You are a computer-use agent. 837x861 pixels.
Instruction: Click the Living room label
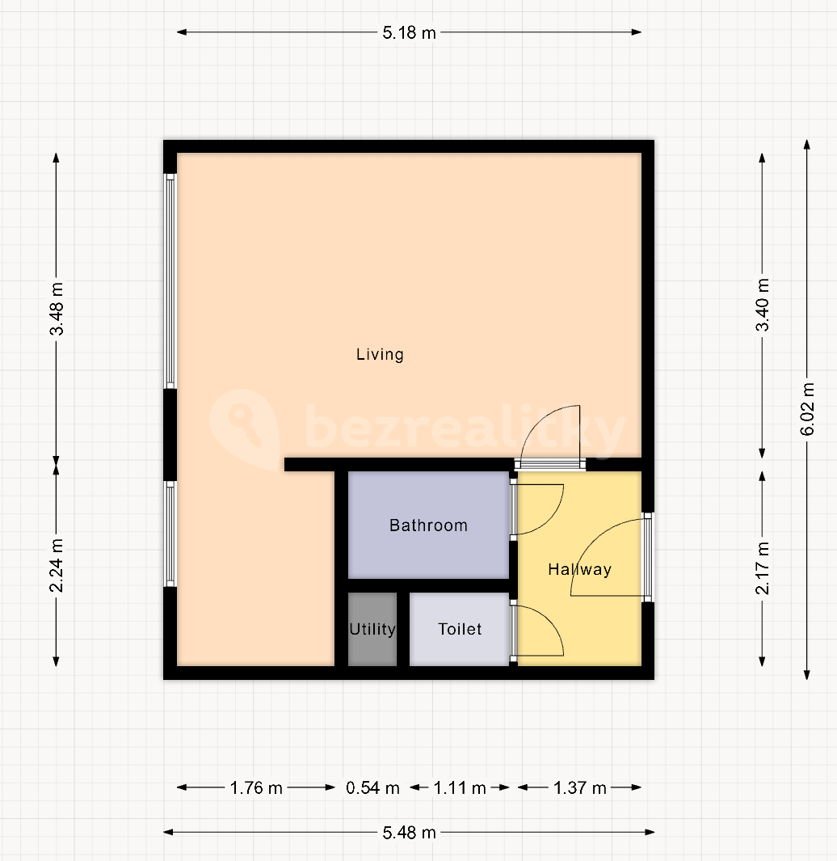[x=380, y=355]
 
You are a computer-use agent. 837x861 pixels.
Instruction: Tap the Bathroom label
[x=429, y=525]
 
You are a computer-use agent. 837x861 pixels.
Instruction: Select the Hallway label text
[x=579, y=569]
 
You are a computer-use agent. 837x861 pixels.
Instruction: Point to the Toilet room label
[x=460, y=629]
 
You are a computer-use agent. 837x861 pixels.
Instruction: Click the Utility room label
[x=372, y=629]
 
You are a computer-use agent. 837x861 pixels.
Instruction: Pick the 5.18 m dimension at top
[x=409, y=33]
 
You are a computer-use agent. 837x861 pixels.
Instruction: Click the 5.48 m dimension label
[x=409, y=833]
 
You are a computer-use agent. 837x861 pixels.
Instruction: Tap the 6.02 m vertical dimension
[x=807, y=409]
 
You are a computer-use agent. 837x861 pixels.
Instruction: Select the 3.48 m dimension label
[x=57, y=309]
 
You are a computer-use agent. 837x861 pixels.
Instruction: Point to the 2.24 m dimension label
[x=57, y=566]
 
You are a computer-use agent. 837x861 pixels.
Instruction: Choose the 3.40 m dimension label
[x=763, y=305]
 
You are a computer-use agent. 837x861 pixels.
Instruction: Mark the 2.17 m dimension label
[x=763, y=568]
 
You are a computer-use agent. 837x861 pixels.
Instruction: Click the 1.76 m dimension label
[x=256, y=788]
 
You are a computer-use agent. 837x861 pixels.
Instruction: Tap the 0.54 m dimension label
[x=372, y=788]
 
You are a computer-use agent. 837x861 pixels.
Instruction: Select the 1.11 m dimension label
[x=460, y=788]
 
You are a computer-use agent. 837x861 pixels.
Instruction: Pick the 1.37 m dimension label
[x=579, y=788]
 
